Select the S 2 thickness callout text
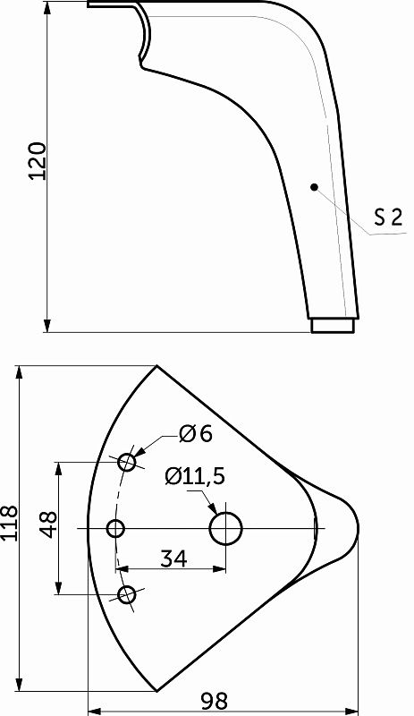[x=388, y=217]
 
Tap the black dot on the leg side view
[x=314, y=186]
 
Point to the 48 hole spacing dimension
[x=48, y=528]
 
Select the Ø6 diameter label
[x=195, y=434]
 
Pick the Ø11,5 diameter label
[x=194, y=476]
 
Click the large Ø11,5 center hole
[x=226, y=528]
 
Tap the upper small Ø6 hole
[x=128, y=462]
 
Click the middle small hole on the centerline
[x=115, y=528]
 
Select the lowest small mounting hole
[x=128, y=594]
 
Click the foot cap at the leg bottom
[x=333, y=325]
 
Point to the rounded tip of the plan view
[x=355, y=528]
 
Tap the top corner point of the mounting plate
[x=157, y=366]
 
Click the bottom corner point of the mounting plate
[x=157, y=691]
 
